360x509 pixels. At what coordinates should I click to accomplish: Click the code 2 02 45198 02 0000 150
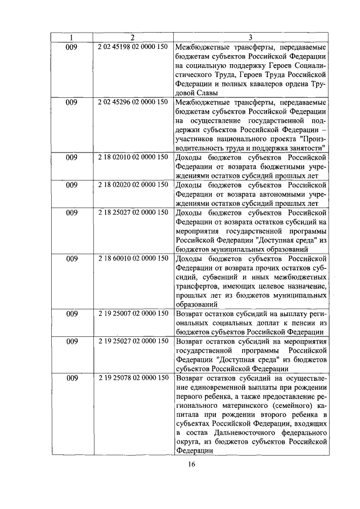click(132, 47)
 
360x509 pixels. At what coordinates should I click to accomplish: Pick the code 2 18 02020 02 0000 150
click(132, 184)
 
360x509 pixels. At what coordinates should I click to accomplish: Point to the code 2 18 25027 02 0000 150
click(132, 212)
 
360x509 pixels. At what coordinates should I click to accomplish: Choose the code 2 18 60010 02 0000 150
click(132, 258)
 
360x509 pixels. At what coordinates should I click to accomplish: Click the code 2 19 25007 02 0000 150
click(132, 313)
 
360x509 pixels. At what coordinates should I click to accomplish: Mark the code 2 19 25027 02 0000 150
click(132, 341)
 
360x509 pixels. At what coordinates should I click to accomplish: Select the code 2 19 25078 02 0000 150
click(132, 378)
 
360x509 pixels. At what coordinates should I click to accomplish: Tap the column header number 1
click(71, 38)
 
